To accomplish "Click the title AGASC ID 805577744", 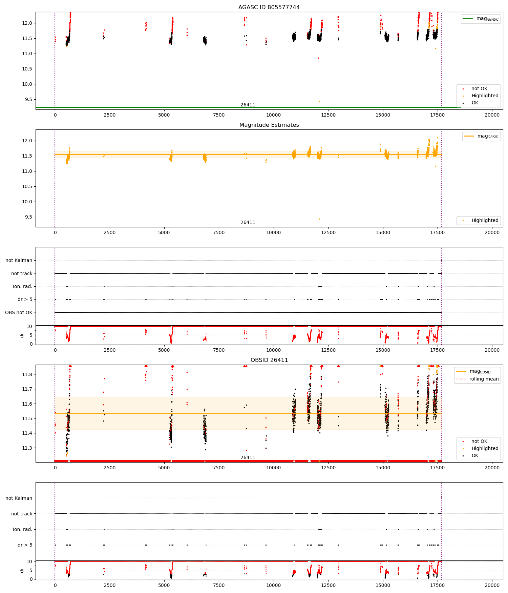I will coord(269,7).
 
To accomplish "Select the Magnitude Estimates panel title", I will coord(269,125).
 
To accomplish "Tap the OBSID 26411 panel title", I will coord(269,360).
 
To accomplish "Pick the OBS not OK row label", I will coord(19,312).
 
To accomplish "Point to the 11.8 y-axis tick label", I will coord(27,374).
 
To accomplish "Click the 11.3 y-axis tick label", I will coord(27,448).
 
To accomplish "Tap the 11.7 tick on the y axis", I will coord(27,389).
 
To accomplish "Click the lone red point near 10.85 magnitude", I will coord(318,58).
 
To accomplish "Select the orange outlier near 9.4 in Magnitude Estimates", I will coord(319,219).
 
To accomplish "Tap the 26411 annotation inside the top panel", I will coord(248,105).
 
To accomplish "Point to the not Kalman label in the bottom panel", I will coord(19,498).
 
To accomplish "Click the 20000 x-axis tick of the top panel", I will coord(492,115).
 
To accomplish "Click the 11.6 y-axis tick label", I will coord(27,404).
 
